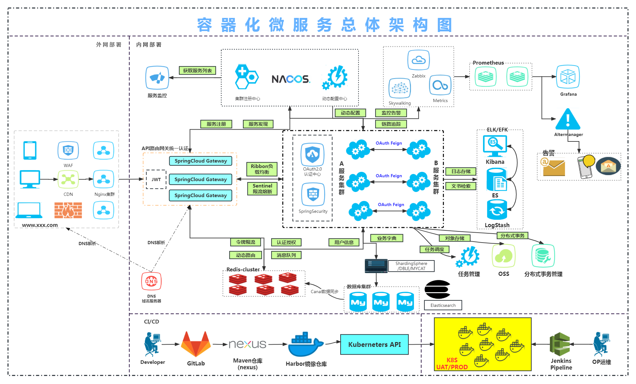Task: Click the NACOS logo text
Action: (x=291, y=79)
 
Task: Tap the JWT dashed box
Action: (x=156, y=180)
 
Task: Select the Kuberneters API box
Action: (x=374, y=345)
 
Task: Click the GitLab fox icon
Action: (x=196, y=344)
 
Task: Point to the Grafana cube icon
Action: (x=568, y=77)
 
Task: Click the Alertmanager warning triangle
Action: (x=568, y=119)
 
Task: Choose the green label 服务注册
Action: (x=216, y=124)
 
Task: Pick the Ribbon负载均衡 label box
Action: (x=262, y=169)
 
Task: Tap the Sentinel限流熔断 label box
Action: (x=262, y=189)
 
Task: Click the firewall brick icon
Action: (x=68, y=210)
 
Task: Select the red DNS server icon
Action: (x=151, y=281)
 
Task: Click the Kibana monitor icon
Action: (x=495, y=146)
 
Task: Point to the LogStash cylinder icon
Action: (x=497, y=210)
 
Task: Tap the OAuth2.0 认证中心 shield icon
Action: (x=312, y=155)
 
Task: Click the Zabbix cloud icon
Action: (x=418, y=60)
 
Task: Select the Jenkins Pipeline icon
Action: (x=560, y=344)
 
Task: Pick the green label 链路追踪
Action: (x=391, y=124)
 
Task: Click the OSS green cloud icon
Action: (x=503, y=256)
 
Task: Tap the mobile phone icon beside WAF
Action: (x=30, y=150)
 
